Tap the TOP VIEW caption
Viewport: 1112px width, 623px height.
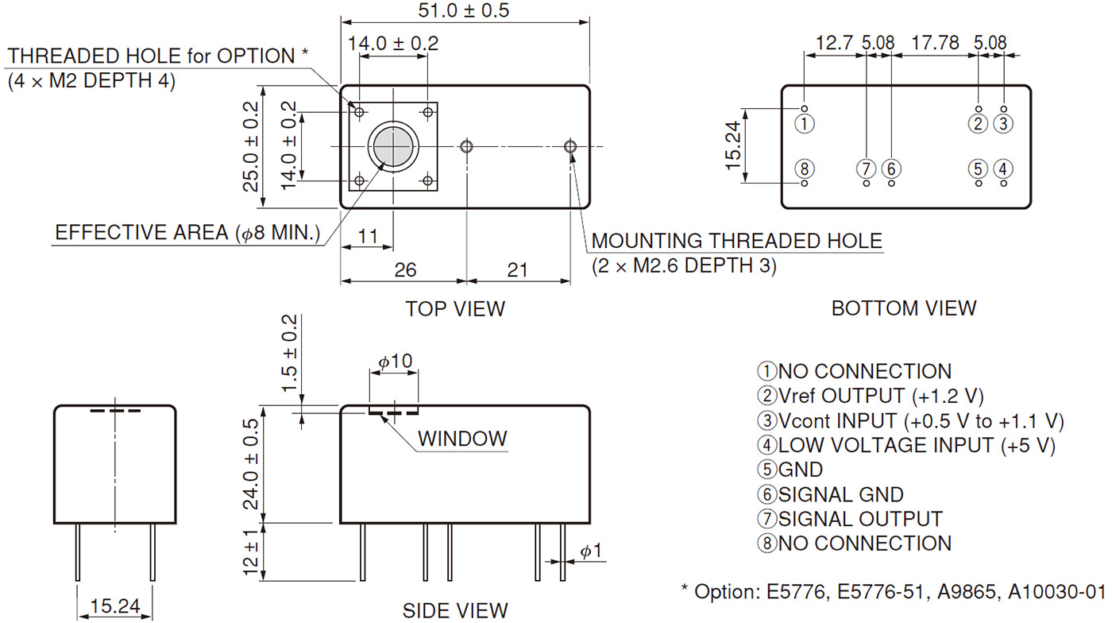pos(455,308)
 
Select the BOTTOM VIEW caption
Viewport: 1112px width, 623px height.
pos(904,308)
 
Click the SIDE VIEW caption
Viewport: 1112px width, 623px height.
pos(455,610)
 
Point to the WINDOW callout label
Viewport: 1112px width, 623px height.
pos(462,438)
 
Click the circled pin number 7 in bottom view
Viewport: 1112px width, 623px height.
pos(866,168)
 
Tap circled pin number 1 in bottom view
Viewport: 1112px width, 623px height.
pos(805,123)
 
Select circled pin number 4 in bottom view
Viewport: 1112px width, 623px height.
pos(1004,168)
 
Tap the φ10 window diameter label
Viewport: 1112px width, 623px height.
pos(395,362)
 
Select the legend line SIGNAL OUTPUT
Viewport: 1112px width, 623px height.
pos(851,520)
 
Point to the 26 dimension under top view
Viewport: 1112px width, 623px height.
pos(405,270)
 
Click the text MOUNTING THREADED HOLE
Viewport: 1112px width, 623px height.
pos(737,242)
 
